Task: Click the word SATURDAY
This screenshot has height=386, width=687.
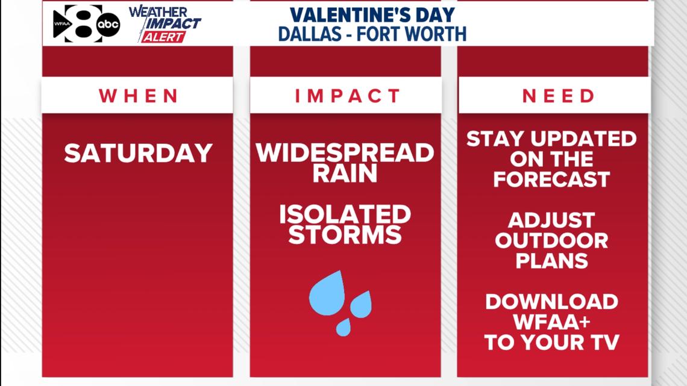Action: [138, 153]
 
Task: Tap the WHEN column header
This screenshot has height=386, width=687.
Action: [139, 96]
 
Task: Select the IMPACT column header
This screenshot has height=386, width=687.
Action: [348, 96]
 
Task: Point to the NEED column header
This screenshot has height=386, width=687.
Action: [558, 96]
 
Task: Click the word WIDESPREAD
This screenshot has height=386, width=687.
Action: [345, 153]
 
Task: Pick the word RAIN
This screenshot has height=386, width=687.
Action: [345, 173]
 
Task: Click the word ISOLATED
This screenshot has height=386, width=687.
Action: [345, 214]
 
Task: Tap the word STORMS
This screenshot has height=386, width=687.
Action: [345, 235]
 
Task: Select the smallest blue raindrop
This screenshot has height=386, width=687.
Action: [343, 328]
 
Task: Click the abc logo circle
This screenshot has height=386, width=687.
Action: [108, 24]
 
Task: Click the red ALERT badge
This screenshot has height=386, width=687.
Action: [163, 37]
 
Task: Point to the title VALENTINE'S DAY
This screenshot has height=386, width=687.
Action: [372, 15]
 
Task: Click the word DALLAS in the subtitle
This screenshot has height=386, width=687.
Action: [310, 34]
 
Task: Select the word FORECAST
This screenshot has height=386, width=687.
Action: [551, 179]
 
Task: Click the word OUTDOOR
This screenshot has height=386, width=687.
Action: [551, 241]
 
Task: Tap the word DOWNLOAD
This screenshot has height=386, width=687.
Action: [551, 302]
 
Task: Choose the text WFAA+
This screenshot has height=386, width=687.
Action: [551, 322]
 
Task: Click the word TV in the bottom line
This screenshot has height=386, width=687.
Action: [604, 343]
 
